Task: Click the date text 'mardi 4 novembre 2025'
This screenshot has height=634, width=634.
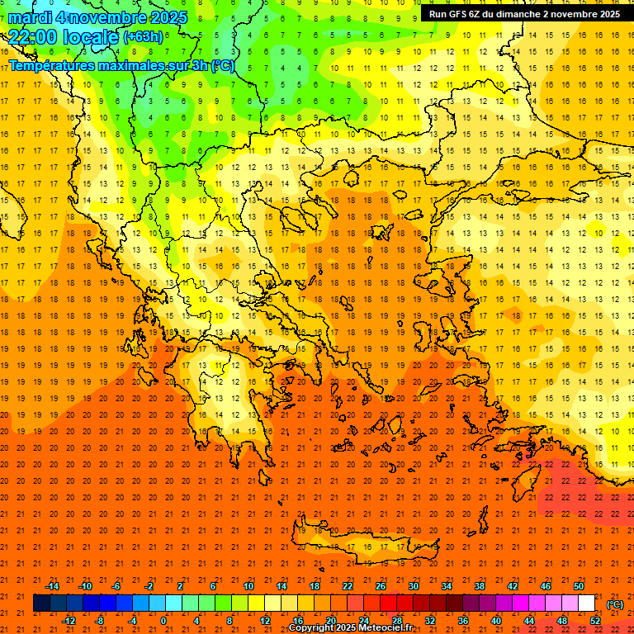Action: click(x=97, y=17)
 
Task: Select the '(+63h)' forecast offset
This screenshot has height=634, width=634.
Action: click(x=143, y=37)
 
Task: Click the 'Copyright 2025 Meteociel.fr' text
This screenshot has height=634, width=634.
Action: click(x=350, y=627)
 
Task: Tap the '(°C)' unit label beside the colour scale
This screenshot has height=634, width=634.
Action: click(x=615, y=604)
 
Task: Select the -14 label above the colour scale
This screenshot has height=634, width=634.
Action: click(x=52, y=586)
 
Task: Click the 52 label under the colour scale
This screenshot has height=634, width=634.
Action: click(x=595, y=620)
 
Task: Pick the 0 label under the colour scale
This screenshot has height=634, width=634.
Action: click(x=163, y=620)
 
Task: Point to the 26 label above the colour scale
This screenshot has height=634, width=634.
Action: click(x=380, y=586)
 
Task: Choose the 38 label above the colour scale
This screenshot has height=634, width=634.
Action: click(x=479, y=586)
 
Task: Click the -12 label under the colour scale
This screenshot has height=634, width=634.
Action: click(x=69, y=620)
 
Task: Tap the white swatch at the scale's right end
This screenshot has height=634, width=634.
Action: click(x=587, y=603)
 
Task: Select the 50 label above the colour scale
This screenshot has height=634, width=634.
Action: click(x=579, y=586)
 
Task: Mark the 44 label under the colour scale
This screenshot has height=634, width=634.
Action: click(x=529, y=620)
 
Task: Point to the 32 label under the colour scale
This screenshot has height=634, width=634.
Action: click(x=429, y=620)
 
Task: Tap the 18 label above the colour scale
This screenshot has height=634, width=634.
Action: click(x=314, y=586)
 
